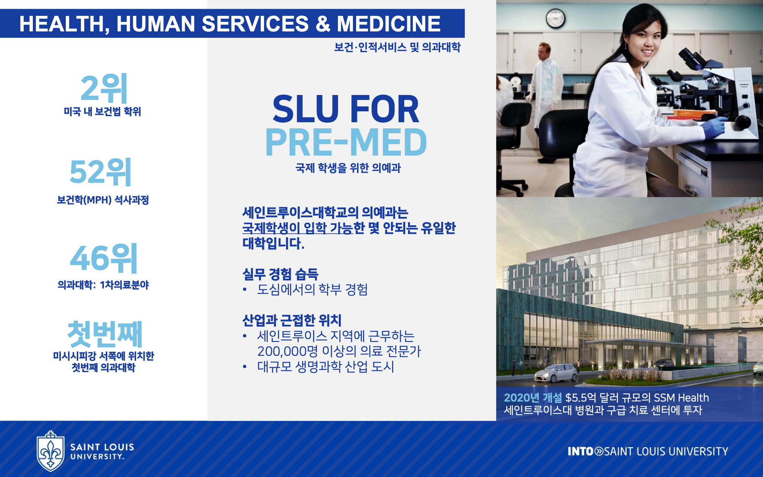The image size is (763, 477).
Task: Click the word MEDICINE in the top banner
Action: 389,23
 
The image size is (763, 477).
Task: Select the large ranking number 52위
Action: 101,172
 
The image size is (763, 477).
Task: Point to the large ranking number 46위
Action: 104,258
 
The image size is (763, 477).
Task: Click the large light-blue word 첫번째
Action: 105,334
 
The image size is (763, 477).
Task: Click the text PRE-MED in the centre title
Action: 346,143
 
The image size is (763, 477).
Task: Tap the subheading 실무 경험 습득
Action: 280,274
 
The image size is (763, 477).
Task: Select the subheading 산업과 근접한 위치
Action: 292,320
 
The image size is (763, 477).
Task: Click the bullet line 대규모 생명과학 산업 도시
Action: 326,366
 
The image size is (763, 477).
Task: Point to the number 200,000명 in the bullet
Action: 287,351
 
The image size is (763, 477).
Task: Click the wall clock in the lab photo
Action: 555,18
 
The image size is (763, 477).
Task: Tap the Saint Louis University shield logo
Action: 50,451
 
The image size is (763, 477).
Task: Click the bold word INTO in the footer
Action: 580,451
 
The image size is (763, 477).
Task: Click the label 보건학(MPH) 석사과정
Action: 103,200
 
